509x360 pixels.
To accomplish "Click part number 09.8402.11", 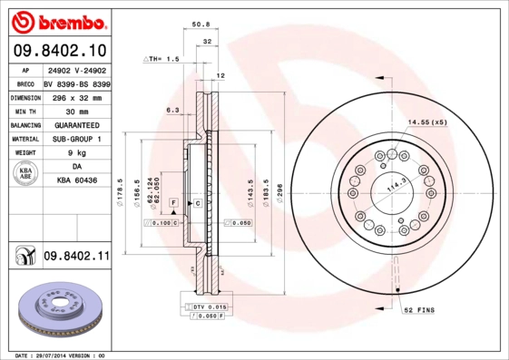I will [75, 258].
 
